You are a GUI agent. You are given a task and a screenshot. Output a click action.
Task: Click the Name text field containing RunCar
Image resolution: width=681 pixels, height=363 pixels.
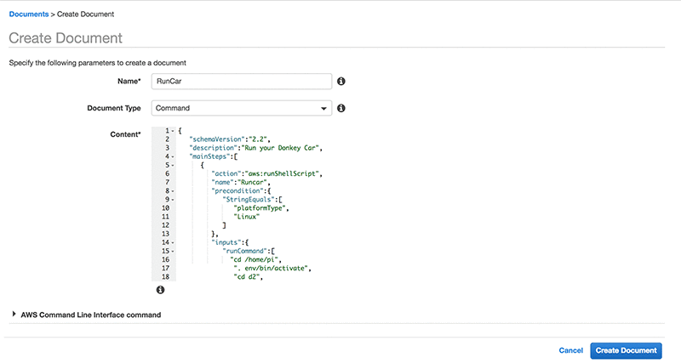point(241,82)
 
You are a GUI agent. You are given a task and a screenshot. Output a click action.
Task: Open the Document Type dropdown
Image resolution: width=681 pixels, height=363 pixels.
point(241,109)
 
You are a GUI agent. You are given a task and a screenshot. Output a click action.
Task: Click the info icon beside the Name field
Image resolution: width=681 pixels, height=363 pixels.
point(340,82)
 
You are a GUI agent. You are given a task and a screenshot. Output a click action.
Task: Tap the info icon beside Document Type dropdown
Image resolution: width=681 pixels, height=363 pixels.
point(340,109)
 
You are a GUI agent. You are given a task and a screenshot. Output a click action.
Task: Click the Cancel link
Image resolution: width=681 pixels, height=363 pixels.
point(570,350)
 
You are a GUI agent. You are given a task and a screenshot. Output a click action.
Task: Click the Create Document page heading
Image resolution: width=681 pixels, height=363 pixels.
point(66,38)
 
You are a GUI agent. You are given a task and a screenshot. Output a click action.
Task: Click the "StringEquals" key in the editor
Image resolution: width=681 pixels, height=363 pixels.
point(247,199)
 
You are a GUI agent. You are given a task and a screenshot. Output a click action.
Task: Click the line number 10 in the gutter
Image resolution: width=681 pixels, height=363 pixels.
point(166,207)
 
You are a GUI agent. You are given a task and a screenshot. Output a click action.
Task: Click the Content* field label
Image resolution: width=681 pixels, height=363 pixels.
point(125,134)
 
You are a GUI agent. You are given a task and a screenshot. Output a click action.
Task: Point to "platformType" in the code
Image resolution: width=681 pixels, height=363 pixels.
point(261,207)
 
